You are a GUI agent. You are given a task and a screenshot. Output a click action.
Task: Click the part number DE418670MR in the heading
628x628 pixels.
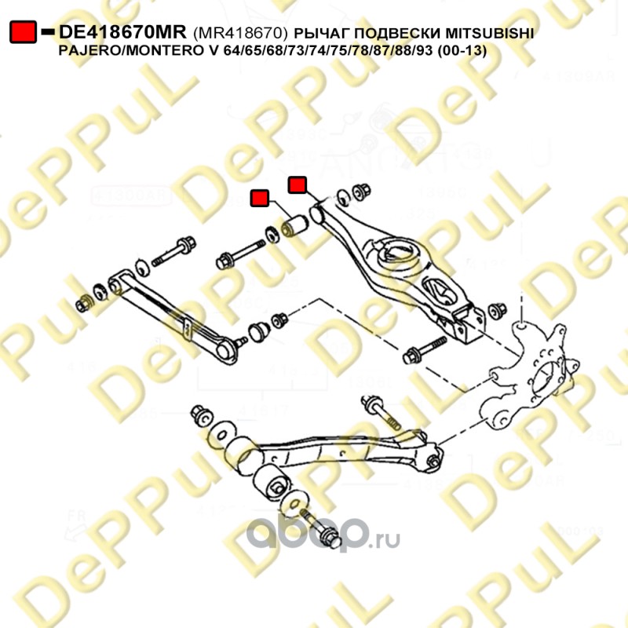click(122, 32)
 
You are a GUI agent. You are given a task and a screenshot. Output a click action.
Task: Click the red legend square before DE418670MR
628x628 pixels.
click(22, 32)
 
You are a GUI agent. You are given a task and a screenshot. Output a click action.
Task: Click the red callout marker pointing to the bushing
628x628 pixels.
click(259, 198)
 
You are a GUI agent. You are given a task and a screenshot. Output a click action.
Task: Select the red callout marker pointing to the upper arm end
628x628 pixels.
click(298, 184)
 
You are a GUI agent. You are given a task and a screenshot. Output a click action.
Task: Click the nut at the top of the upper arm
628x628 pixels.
click(362, 192)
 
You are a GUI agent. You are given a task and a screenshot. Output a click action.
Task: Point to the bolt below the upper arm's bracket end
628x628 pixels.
click(420, 352)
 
